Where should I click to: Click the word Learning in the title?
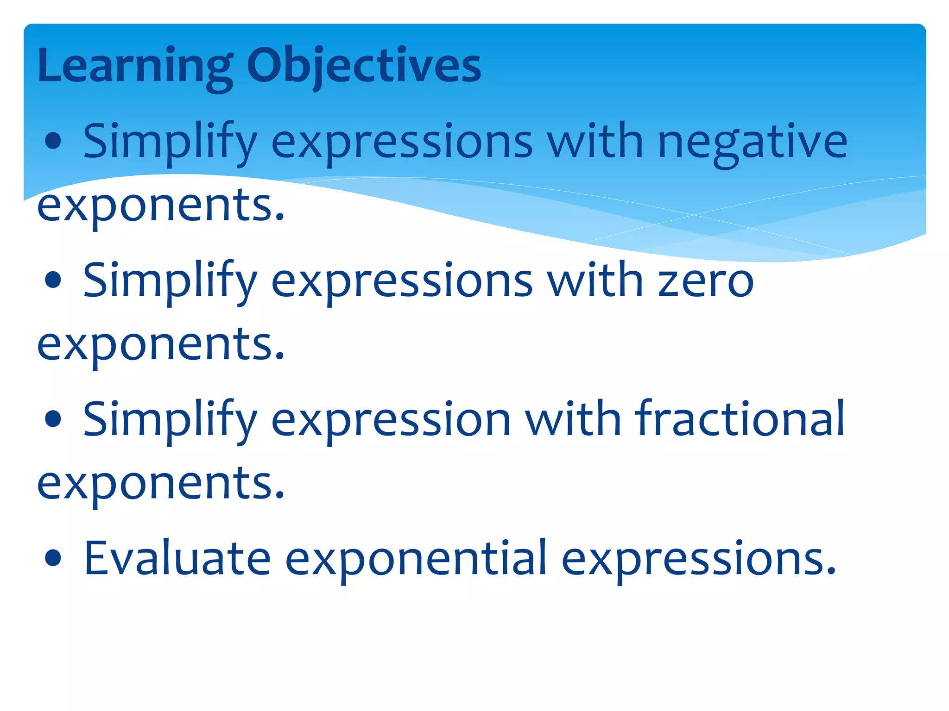pos(134,66)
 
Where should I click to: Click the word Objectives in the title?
pos(364,66)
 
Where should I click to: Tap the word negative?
pos(753,141)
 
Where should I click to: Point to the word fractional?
pos(740,419)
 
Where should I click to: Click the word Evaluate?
pos(177,559)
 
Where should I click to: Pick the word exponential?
pos(416,559)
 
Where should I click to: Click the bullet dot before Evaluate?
pos(54,558)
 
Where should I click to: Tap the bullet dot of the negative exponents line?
pos(54,141)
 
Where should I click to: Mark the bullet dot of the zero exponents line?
pos(54,280)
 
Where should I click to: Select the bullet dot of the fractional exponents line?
pos(54,418)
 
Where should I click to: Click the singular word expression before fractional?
pos(391,419)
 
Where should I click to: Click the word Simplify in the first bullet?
pos(170,141)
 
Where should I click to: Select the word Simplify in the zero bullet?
pos(170,281)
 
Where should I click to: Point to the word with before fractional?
pos(573,419)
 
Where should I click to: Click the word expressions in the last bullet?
pos(698,559)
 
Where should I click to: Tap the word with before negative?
pos(595,141)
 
